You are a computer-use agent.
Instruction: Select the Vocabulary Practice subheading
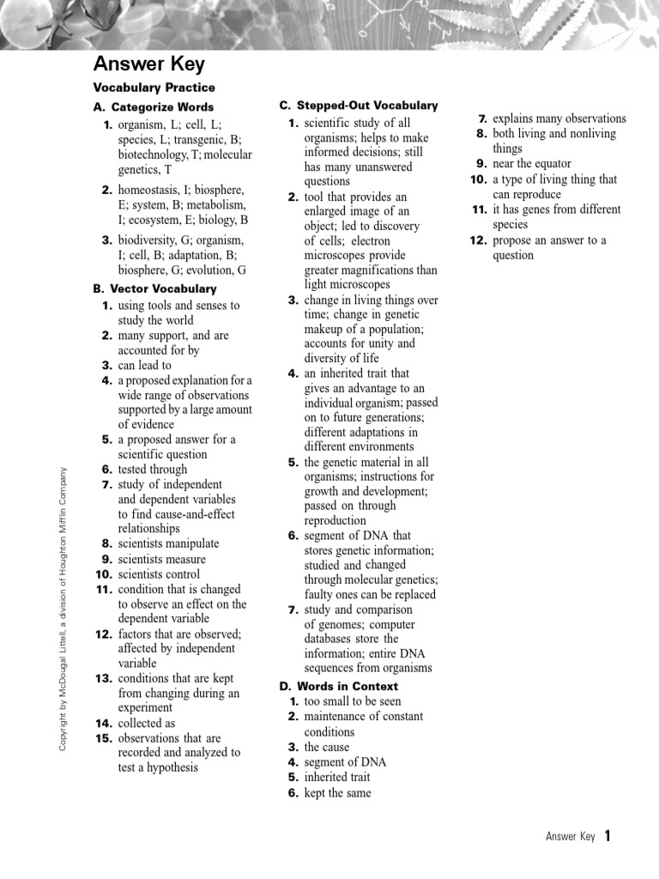point(154,88)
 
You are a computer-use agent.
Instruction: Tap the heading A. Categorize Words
point(154,107)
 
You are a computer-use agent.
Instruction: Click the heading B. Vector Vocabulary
point(154,289)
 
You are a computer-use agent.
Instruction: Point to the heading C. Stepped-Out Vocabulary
point(358,106)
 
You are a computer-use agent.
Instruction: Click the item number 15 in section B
point(104,738)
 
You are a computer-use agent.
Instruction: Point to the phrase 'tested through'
point(152,470)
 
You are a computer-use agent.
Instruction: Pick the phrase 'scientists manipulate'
point(168,543)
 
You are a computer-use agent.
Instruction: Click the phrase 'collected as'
point(146,724)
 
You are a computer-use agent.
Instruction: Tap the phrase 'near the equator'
point(531,164)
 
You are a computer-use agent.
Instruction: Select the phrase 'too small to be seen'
point(353,701)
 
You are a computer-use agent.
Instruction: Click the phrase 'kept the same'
point(337,793)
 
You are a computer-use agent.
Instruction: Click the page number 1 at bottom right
point(608,836)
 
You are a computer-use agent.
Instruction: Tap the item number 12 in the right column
point(478,240)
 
